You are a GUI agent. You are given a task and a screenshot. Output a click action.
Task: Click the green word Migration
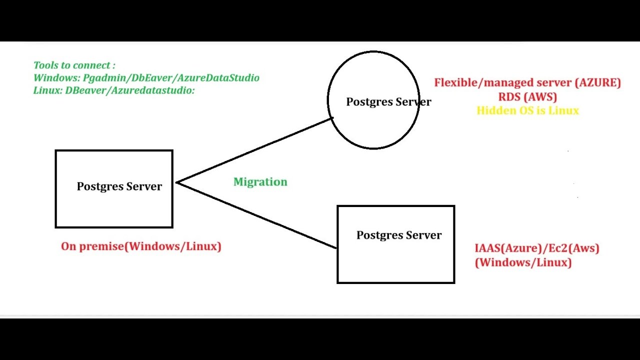click(x=260, y=182)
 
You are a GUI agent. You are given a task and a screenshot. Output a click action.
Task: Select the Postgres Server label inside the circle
click(x=388, y=102)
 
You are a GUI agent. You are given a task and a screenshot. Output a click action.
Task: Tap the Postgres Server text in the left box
click(x=119, y=186)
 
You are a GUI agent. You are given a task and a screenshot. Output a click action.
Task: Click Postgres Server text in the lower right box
click(x=398, y=235)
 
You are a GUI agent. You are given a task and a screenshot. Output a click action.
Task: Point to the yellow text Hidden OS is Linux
click(x=527, y=110)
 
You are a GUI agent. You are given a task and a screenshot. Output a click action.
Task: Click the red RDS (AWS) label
click(x=527, y=96)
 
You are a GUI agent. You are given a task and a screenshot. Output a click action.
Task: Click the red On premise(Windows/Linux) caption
click(x=141, y=246)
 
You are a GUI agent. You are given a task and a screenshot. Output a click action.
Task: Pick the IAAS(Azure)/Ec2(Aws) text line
click(x=536, y=248)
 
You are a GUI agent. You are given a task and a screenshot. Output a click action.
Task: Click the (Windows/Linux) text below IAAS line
click(x=523, y=262)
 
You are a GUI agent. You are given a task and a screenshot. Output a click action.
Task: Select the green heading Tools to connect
click(x=74, y=65)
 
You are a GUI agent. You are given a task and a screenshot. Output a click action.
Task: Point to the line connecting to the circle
click(x=255, y=150)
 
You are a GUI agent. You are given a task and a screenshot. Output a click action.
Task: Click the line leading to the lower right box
click(x=257, y=215)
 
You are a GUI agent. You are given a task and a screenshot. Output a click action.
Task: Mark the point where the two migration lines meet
click(x=177, y=183)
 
